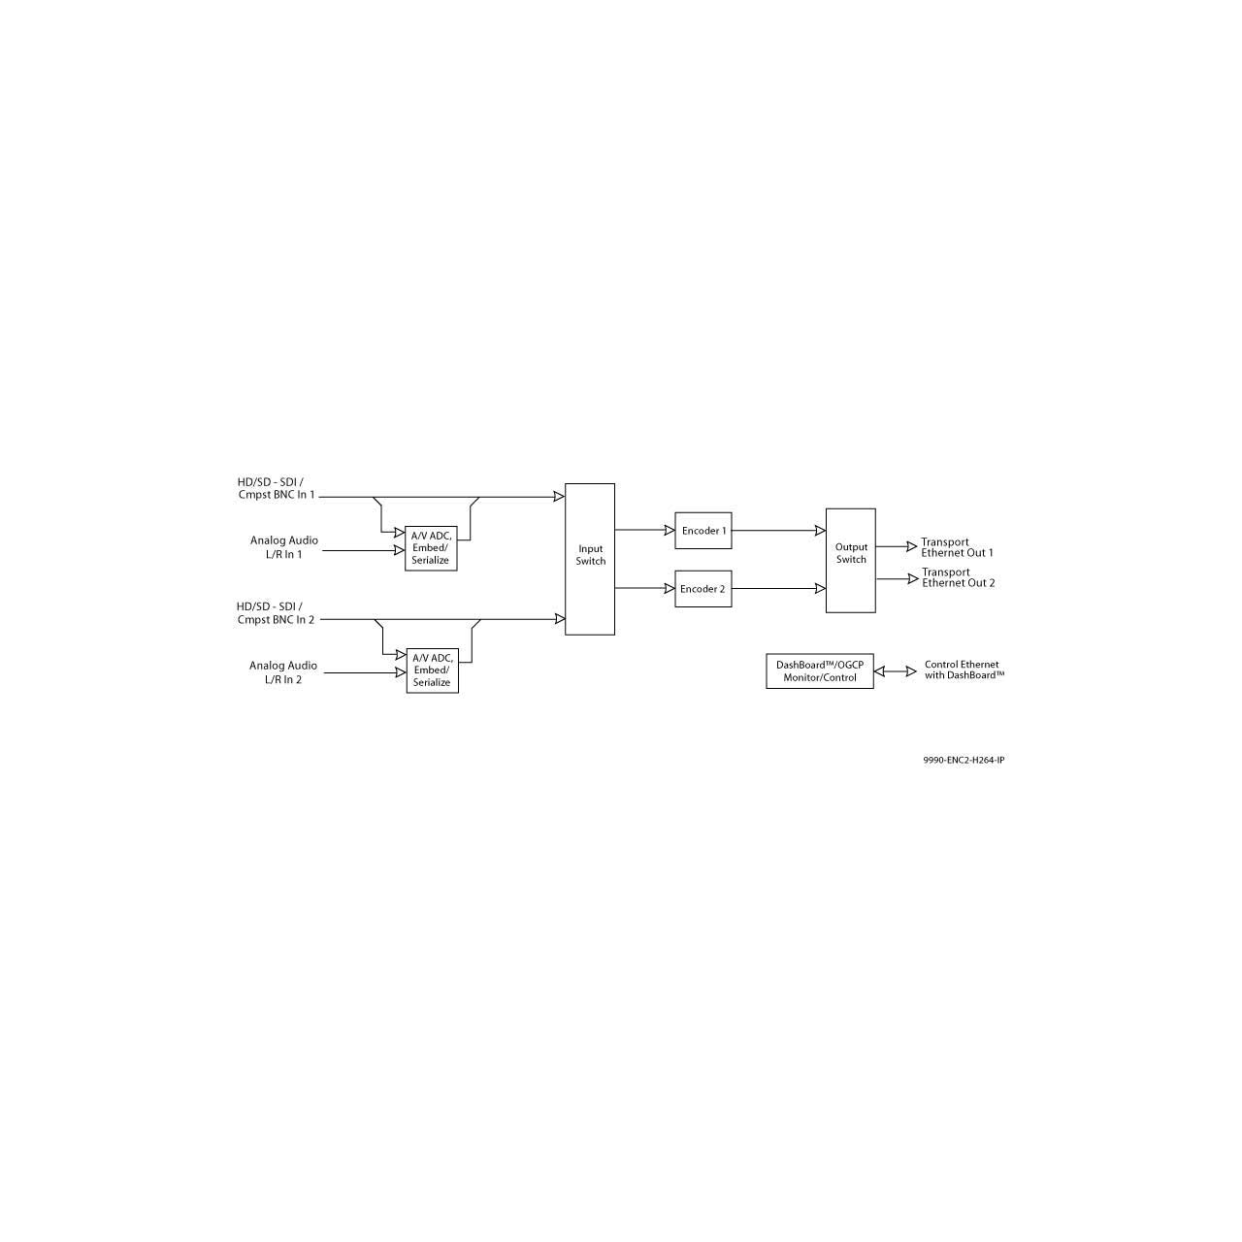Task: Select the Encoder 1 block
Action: coord(703,531)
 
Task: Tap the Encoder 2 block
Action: coord(703,588)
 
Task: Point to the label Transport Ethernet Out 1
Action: coord(957,547)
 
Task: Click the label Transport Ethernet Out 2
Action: coord(958,577)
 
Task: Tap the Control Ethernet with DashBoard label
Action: coord(964,670)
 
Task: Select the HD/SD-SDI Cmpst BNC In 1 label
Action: coord(277,488)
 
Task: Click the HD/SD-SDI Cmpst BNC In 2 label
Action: coord(276,613)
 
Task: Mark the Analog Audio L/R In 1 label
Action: coord(283,547)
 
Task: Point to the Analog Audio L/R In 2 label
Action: coord(283,672)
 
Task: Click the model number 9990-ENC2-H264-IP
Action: coord(964,760)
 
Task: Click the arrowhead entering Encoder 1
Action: coord(670,530)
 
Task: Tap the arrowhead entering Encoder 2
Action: coord(670,588)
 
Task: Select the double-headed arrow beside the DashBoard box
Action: coord(895,671)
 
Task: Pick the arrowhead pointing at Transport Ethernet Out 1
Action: coord(911,546)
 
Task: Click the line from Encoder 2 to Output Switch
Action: coord(778,588)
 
